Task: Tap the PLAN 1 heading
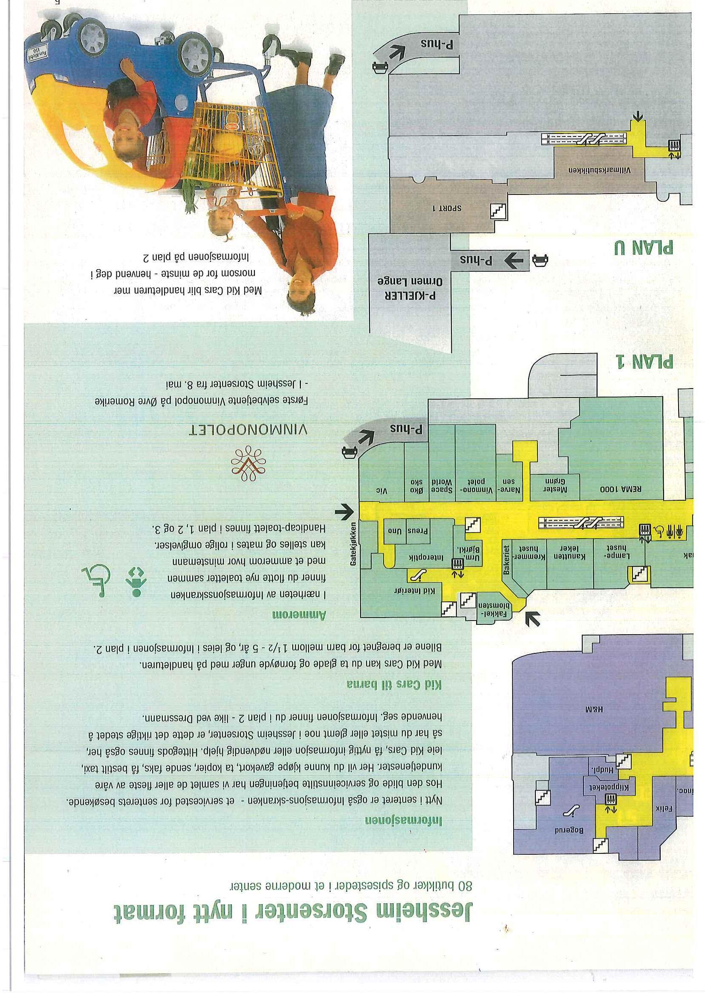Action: pos(645,361)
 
